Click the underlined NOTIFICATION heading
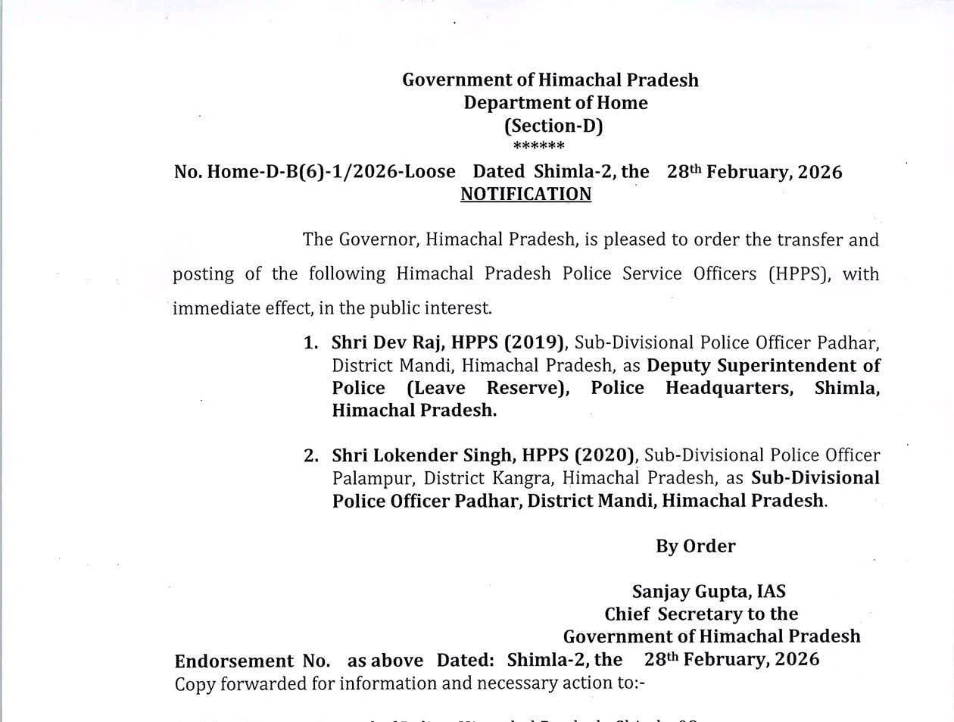(525, 195)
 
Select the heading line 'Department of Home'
(556, 103)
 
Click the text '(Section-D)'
(553, 126)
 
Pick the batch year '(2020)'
(605, 455)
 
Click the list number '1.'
(310, 343)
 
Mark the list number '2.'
(310, 456)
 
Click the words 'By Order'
(695, 546)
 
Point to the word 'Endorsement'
(234, 660)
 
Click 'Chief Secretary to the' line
(701, 614)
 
